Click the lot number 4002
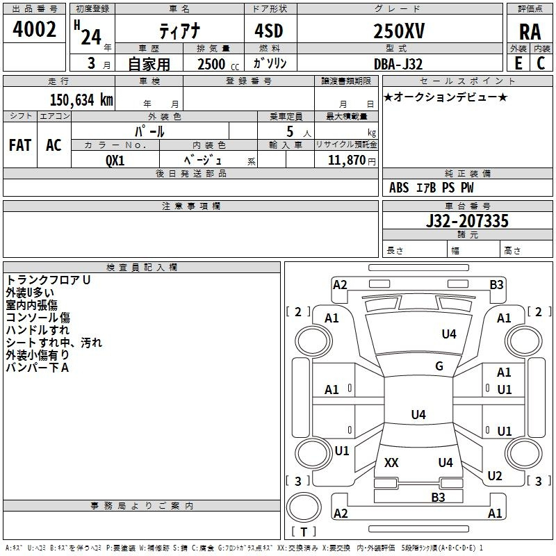pyautogui.click(x=34, y=29)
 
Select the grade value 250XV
pyautogui.click(x=399, y=31)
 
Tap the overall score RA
pyautogui.click(x=530, y=32)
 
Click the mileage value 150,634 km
pyautogui.click(x=81, y=100)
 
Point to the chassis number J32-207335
pyautogui.click(x=467, y=221)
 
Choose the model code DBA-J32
pyautogui.click(x=398, y=64)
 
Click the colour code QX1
pyautogui.click(x=115, y=161)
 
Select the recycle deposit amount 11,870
pyautogui.click(x=347, y=161)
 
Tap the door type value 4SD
pyautogui.click(x=269, y=31)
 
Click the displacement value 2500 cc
pyautogui.click(x=218, y=64)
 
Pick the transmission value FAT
pyautogui.click(x=20, y=145)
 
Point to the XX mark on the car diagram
pyautogui.click(x=391, y=463)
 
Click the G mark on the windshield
pyautogui.click(x=439, y=366)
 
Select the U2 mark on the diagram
pyautogui.click(x=495, y=476)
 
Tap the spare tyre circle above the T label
pyautogui.click(x=304, y=507)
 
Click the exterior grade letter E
pyautogui.click(x=518, y=63)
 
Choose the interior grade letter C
pyautogui.click(x=541, y=63)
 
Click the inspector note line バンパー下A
pyautogui.click(x=38, y=368)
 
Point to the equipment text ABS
pyautogui.click(x=399, y=188)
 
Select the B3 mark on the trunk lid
pyautogui.click(x=439, y=498)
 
